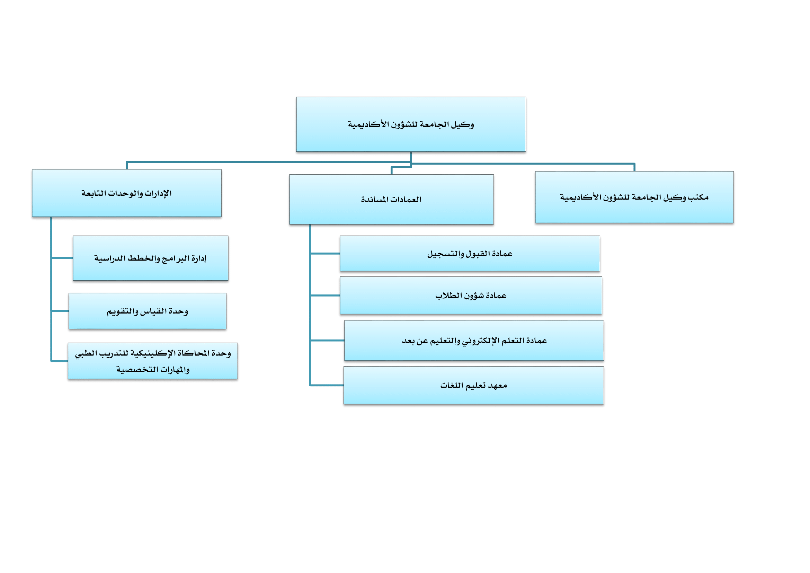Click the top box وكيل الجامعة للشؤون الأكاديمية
411,124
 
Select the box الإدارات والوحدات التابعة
127,193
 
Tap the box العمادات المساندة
392,199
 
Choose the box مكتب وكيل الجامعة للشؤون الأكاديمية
634,197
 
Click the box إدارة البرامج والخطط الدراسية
151,258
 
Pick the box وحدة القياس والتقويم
148,311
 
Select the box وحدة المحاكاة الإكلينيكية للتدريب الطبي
153,361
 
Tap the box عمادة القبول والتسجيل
470,254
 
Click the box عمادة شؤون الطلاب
471,296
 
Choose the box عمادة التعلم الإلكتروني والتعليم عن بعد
474,341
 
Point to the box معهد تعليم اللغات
474,385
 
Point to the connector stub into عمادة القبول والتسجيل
325,253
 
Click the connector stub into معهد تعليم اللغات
327,385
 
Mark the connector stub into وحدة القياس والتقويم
60,311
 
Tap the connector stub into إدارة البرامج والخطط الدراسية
62,258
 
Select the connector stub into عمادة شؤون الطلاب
325,295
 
